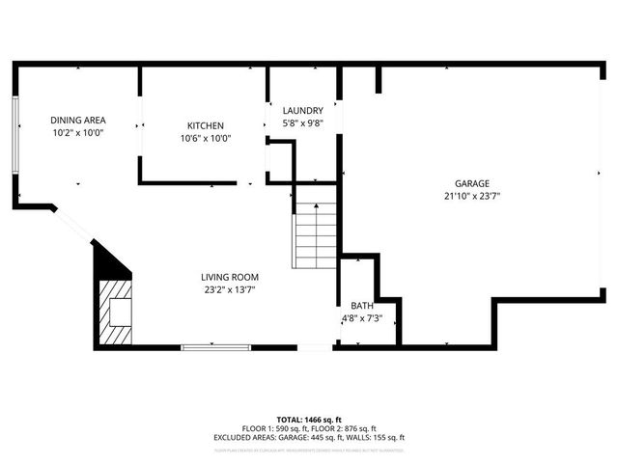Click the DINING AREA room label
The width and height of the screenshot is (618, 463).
tap(77, 121)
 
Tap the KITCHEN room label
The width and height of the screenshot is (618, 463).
tap(204, 126)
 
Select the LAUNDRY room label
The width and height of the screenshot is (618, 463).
tap(302, 111)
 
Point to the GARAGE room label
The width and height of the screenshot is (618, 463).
tap(472, 183)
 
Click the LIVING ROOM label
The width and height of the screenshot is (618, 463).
tap(229, 277)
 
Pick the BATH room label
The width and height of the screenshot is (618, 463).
tap(362, 306)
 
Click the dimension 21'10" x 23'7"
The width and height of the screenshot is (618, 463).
tap(472, 196)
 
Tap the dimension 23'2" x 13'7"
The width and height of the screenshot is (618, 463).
tap(229, 289)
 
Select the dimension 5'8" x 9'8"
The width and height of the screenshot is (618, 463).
tap(302, 123)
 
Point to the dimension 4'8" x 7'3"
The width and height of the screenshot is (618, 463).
tap(362, 318)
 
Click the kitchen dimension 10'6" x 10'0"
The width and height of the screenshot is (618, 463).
tap(204, 139)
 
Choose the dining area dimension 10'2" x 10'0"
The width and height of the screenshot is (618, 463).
tap(77, 133)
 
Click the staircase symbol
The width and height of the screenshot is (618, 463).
tap(315, 235)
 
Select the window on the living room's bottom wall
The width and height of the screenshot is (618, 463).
tap(216, 345)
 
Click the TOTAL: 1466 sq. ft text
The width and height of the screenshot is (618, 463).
tap(309, 420)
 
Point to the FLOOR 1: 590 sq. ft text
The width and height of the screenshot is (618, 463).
tap(274, 428)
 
